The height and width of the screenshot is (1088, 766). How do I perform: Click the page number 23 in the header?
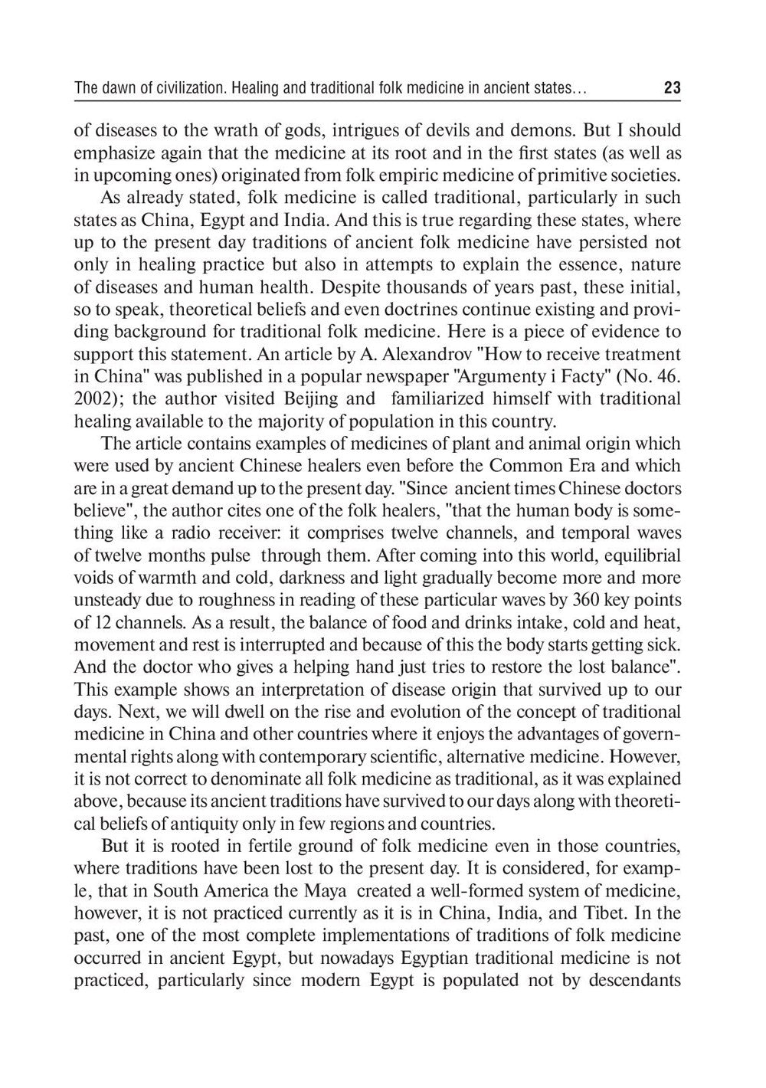point(672,88)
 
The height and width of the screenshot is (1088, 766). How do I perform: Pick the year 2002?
point(93,399)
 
